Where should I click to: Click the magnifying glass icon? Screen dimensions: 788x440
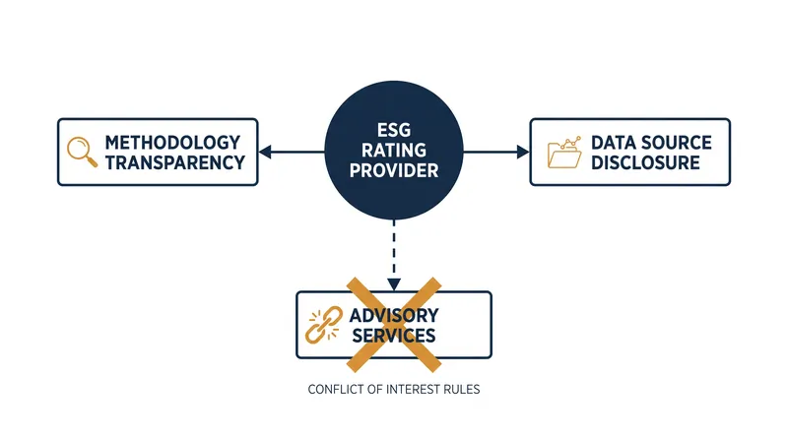click(82, 152)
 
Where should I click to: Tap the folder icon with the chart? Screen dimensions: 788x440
click(564, 153)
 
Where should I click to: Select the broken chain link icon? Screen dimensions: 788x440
click(324, 325)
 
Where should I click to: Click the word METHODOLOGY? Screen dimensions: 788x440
click(172, 143)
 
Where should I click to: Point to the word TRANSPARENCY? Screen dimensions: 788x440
click(175, 162)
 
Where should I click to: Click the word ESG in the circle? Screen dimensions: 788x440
click(394, 131)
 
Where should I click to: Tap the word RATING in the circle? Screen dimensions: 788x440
click(394, 151)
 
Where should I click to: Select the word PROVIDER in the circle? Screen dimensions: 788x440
click(394, 170)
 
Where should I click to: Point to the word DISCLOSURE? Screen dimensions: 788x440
click(645, 162)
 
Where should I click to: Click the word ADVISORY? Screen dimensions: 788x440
click(394, 315)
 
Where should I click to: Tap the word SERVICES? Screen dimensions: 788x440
click(394, 336)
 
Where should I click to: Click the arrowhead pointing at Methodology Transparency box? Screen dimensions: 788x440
click(265, 152)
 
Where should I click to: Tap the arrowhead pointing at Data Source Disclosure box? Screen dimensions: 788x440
click(523, 152)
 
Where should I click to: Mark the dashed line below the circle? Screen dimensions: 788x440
click(394, 249)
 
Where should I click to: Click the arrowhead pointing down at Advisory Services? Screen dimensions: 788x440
click(394, 284)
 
